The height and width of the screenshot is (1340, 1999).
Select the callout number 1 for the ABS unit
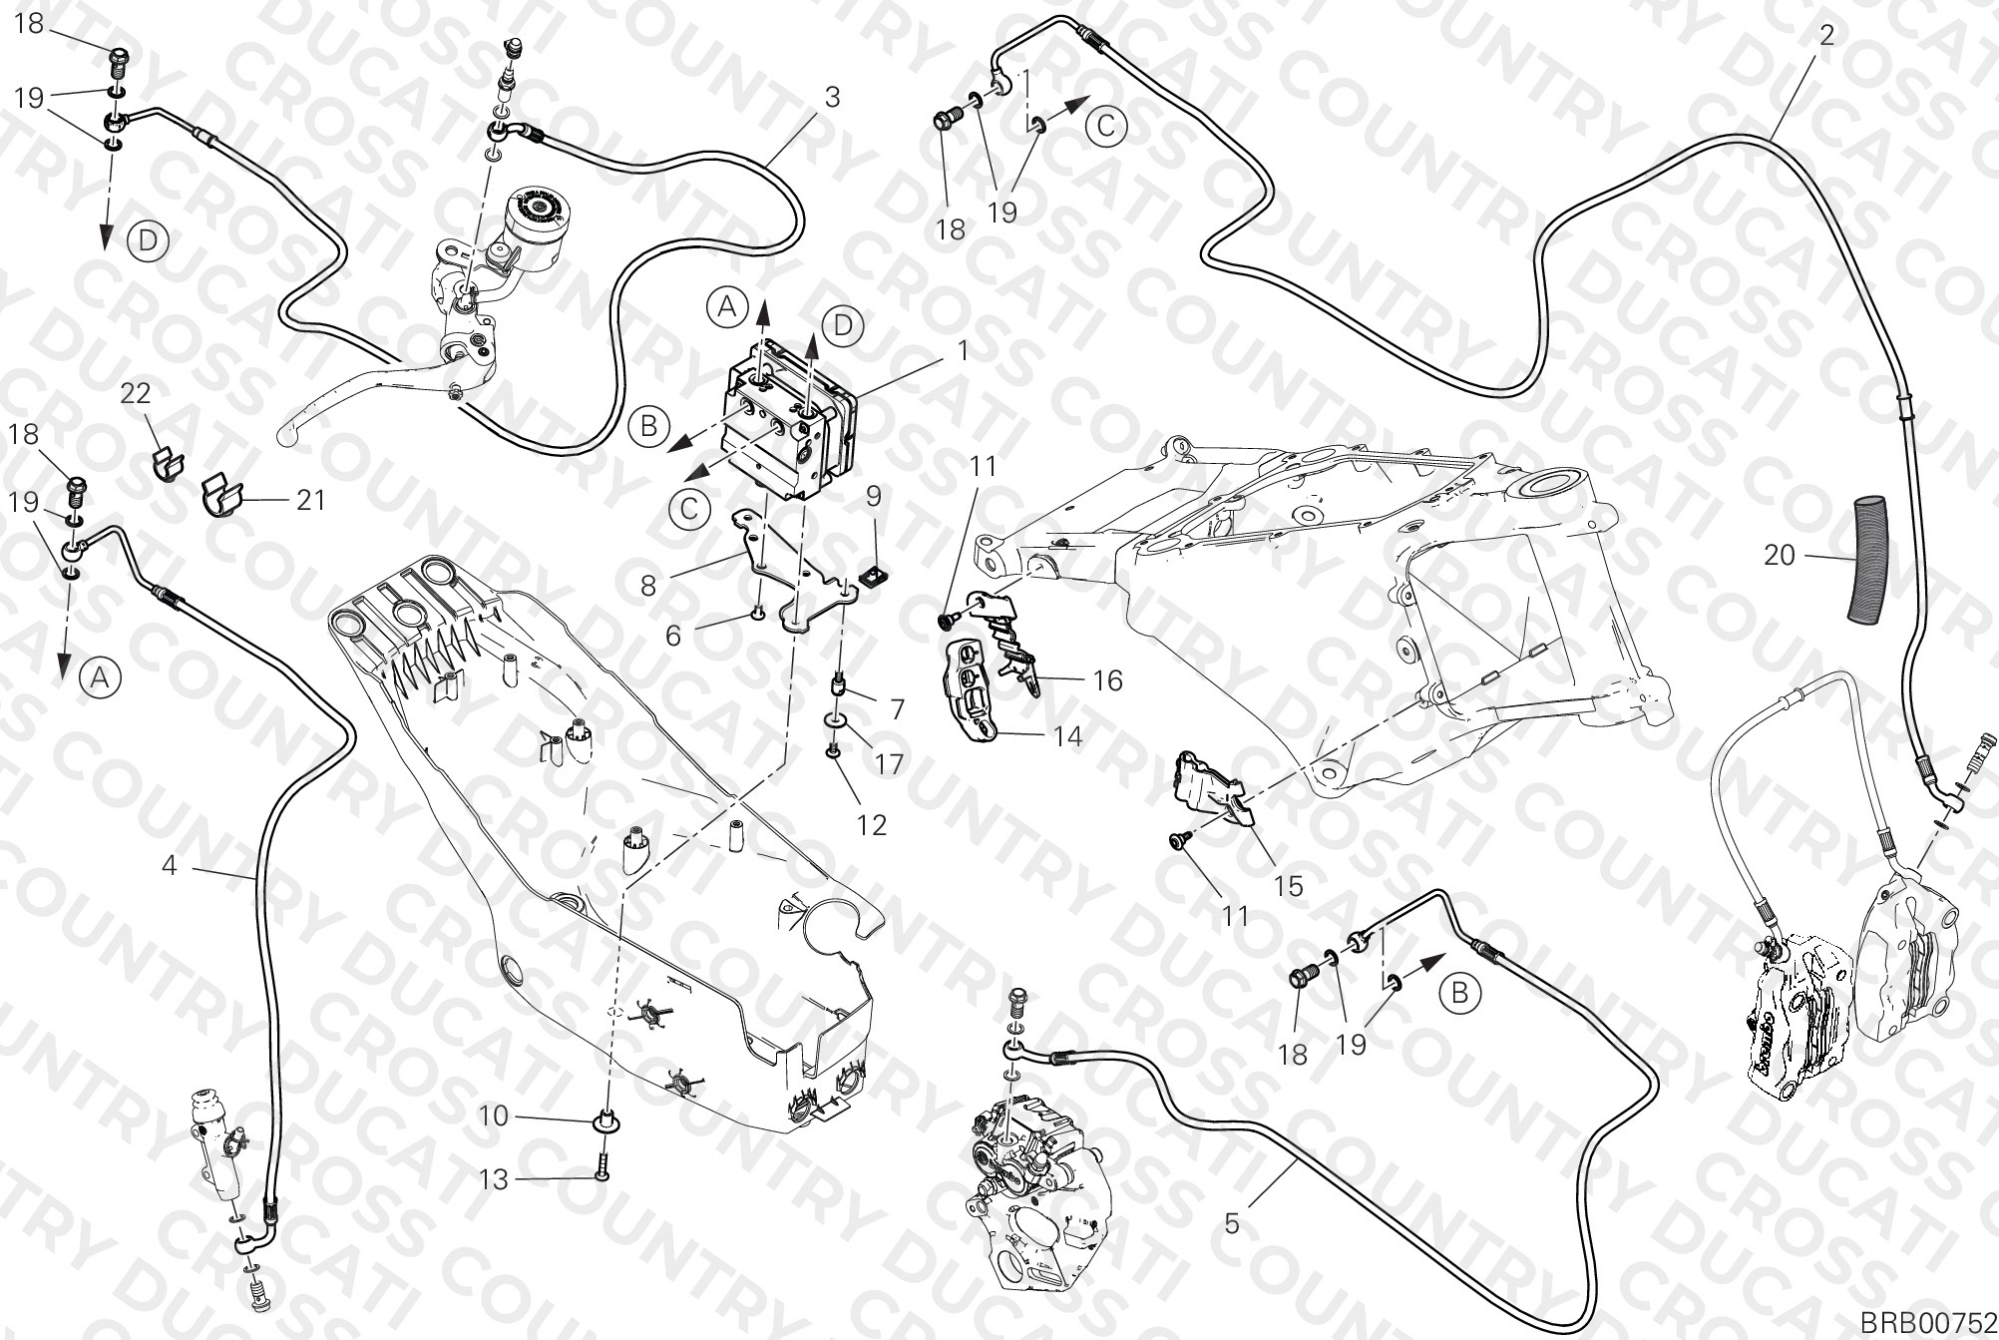coord(963,350)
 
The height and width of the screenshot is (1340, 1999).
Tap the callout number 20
coord(1780,555)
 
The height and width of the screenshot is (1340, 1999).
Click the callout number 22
coord(137,393)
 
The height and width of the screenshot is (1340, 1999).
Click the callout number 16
coord(1107,680)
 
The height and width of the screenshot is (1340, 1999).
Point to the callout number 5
coord(1232,1222)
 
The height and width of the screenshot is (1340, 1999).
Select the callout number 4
coord(170,865)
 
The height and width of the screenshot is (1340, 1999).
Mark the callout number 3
coord(832,97)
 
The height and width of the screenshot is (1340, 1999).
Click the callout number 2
coord(1826,35)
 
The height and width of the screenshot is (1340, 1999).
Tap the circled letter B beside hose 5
coord(1460,993)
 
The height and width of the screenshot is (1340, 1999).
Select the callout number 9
coord(873,494)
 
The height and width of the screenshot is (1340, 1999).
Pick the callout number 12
coord(872,825)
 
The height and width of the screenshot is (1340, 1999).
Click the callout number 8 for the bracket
coord(648,585)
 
